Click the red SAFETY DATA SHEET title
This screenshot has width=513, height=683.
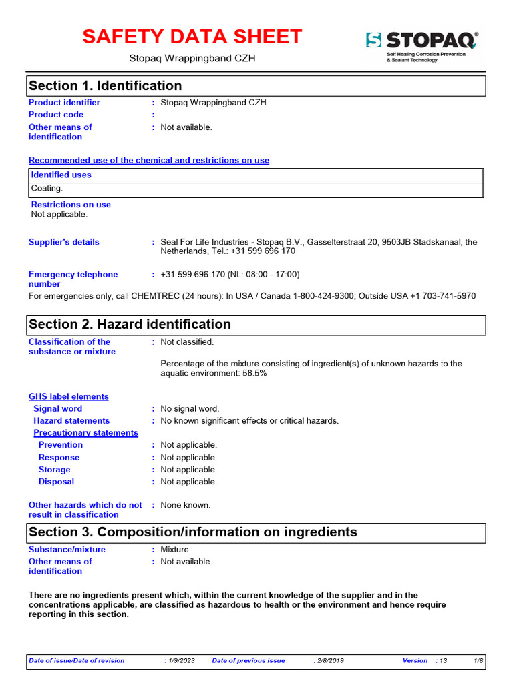(x=192, y=37)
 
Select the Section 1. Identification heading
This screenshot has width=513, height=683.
(x=106, y=86)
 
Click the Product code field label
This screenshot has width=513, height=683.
(x=56, y=115)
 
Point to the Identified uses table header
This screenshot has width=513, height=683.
(x=61, y=175)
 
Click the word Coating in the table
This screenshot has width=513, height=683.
(x=47, y=189)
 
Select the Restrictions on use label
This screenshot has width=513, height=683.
(x=71, y=205)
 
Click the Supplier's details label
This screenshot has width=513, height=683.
(x=63, y=242)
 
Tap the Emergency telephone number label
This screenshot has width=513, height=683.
(x=73, y=279)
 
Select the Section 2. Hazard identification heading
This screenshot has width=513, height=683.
(x=130, y=325)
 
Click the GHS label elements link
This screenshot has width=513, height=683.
(x=68, y=396)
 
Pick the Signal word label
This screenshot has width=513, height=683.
(x=58, y=408)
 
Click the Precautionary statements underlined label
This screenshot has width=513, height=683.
(x=85, y=433)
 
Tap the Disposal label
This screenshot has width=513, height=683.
(x=56, y=482)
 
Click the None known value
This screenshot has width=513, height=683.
(x=186, y=505)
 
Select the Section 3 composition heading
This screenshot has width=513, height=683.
(x=193, y=532)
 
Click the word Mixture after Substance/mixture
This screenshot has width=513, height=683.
(x=175, y=550)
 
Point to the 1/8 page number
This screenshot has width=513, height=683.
(x=478, y=660)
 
